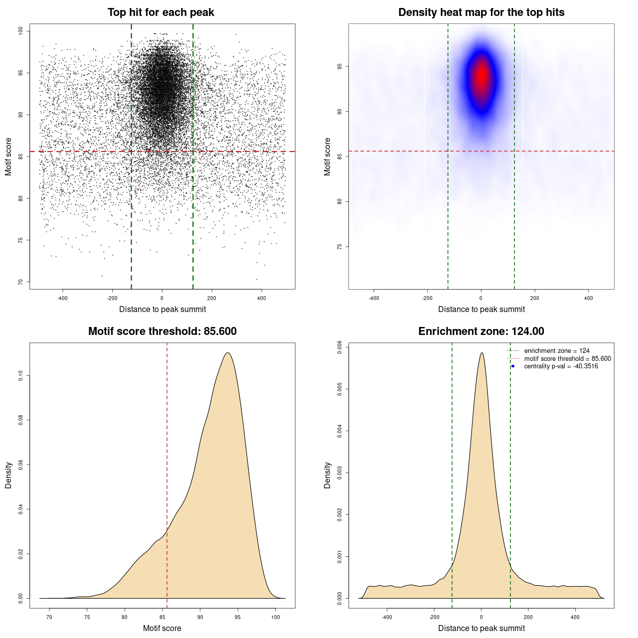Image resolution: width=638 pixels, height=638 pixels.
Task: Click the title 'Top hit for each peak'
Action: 160,12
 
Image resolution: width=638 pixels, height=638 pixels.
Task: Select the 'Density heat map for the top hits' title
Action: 481,12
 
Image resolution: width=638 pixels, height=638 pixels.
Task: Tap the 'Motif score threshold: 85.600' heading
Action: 162,331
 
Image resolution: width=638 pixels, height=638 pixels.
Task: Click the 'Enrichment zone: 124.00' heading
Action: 481,331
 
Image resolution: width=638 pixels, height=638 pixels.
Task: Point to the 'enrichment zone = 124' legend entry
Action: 556,351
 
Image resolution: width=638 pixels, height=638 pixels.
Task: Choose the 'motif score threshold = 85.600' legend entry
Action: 567,359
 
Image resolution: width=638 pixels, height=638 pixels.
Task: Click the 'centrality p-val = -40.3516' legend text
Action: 561,366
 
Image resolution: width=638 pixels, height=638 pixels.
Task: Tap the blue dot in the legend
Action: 513,366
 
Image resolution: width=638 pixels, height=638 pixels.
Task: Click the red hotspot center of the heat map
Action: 481,76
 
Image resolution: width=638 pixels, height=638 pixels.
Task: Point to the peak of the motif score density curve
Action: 227,353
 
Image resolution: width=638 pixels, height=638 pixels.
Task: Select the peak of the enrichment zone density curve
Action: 481,353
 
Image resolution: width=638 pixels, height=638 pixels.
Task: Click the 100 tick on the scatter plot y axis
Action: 21,31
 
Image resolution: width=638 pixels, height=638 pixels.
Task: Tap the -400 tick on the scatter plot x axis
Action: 62,298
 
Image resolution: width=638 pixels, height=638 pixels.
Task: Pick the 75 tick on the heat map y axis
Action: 340,247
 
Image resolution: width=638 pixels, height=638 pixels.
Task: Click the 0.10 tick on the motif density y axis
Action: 21,375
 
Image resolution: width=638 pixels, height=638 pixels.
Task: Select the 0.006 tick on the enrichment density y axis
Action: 340,347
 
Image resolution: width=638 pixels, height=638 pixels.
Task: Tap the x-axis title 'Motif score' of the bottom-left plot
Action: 162,628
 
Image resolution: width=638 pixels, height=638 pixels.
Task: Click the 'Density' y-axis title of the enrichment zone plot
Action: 327,475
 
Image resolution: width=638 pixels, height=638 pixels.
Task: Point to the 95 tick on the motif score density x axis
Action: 238,617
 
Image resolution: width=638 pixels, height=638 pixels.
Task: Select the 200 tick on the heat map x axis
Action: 535,298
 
